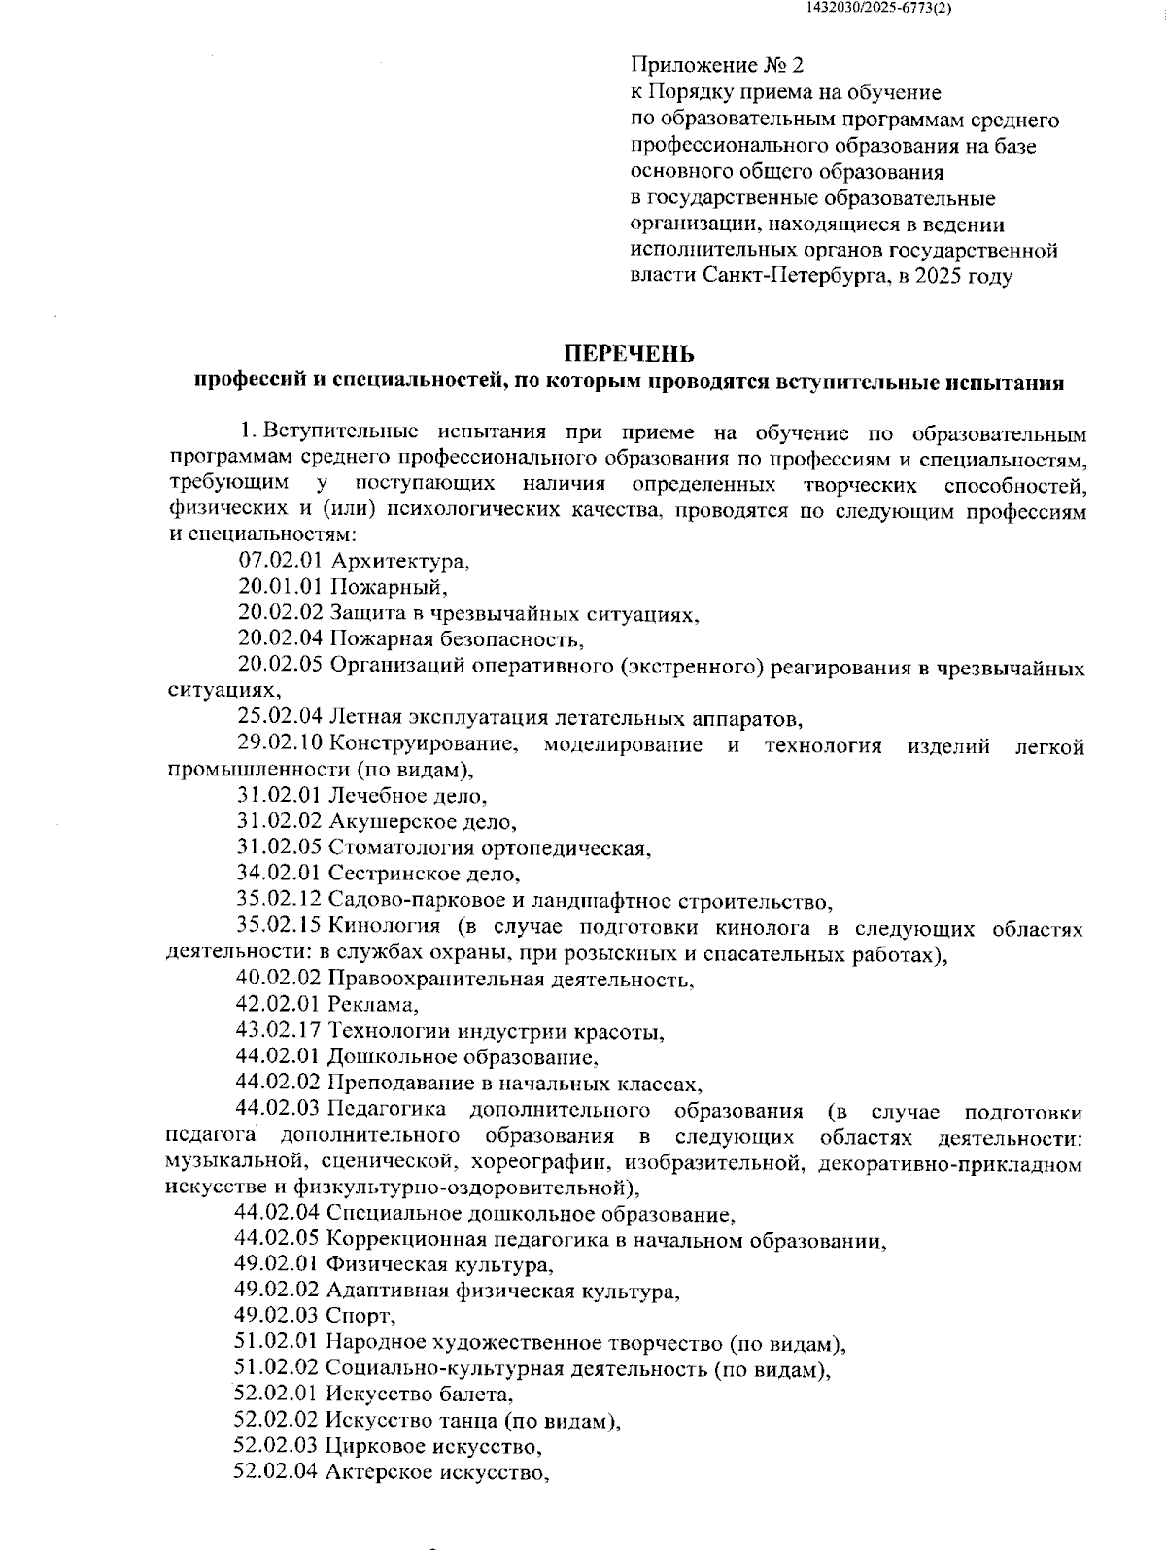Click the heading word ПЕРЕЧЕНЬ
tap(631, 353)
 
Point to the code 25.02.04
tap(280, 719)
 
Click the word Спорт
tap(361, 1316)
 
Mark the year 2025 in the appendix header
tap(939, 276)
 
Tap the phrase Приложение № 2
tap(717, 66)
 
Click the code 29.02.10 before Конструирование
tap(280, 745)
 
